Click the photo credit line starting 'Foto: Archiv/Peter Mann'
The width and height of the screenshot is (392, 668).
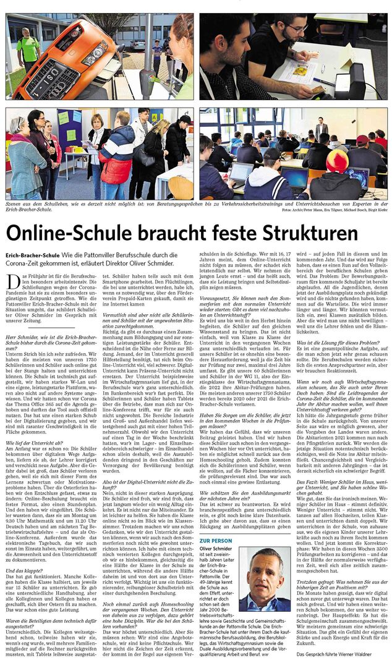[x=333, y=210]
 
